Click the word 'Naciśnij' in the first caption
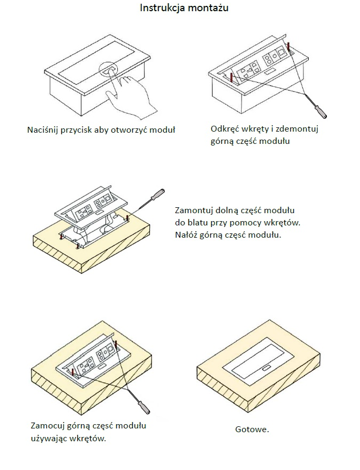[x=42, y=130]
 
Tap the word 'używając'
[x=49, y=439]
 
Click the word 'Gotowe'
[x=251, y=430]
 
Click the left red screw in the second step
[x=231, y=78]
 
